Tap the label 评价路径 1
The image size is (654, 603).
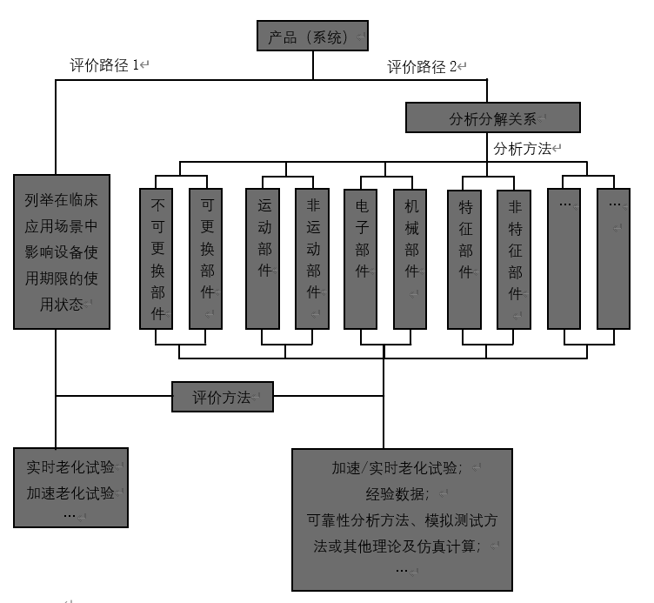click(x=106, y=65)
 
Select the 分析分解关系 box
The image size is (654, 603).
click(x=492, y=118)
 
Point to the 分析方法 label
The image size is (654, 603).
click(x=524, y=149)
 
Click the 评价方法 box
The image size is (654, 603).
click(x=222, y=398)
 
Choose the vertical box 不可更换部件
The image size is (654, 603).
click(x=157, y=258)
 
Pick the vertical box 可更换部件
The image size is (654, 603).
click(x=207, y=258)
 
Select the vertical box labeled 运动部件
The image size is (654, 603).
click(x=264, y=258)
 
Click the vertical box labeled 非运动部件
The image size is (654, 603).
click(x=313, y=258)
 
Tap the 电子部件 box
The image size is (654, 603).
click(x=362, y=258)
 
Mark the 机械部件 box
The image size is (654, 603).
click(x=410, y=258)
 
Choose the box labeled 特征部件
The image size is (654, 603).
click(x=464, y=258)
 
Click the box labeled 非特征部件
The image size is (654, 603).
click(x=514, y=258)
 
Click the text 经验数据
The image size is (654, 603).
click(x=402, y=493)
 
